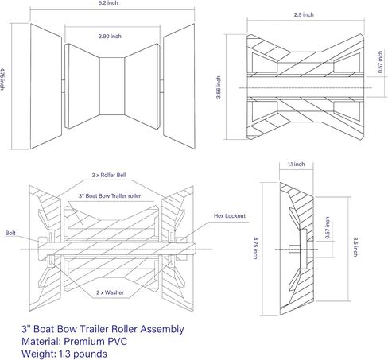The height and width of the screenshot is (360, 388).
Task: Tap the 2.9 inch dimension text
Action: pyautogui.click(x=298, y=14)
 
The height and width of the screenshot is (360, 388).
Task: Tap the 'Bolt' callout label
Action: pyautogui.click(x=10, y=234)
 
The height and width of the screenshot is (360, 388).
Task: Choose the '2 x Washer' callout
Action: pyautogui.click(x=109, y=292)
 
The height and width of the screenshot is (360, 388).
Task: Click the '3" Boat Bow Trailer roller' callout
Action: pyautogui.click(x=110, y=195)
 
